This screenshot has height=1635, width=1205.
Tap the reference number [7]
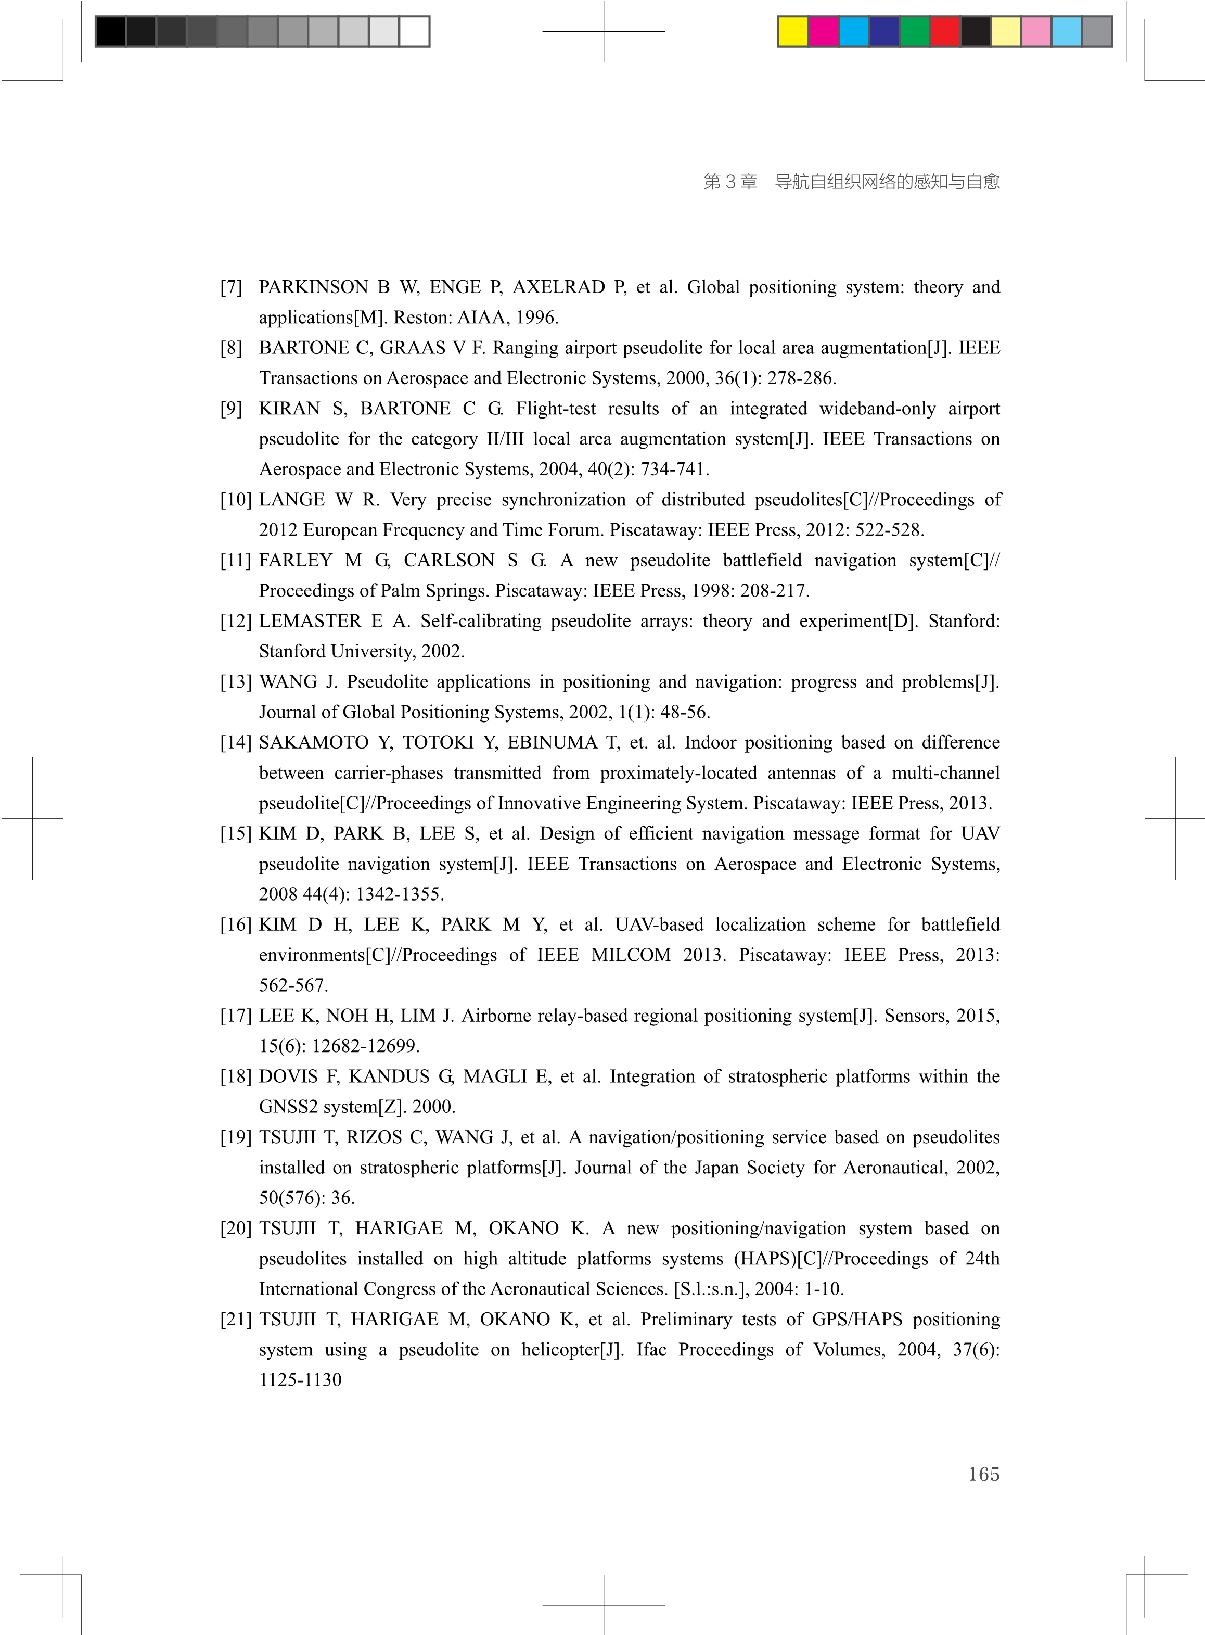pos(231,287)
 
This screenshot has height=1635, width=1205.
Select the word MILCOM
pos(631,955)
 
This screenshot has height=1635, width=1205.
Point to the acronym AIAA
pos(482,318)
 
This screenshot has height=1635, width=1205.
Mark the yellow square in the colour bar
pos(793,31)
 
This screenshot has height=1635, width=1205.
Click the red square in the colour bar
pos(945,31)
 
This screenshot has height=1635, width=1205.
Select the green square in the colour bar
pos(915,31)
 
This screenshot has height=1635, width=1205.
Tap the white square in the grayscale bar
pos(414,31)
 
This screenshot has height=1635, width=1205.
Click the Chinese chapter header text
pos(851,181)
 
